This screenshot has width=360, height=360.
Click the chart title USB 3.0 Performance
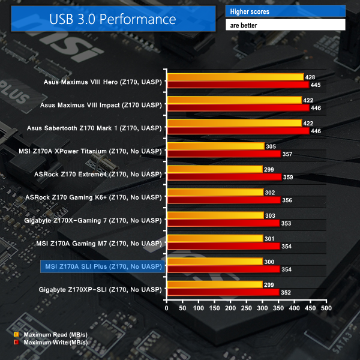(x=113, y=19)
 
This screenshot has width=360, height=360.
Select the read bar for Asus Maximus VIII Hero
(x=235, y=77)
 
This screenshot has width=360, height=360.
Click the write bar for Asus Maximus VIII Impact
(x=238, y=108)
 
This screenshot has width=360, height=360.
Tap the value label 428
(x=310, y=77)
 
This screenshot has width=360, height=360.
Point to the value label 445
(x=316, y=85)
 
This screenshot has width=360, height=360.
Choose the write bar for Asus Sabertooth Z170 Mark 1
(x=238, y=131)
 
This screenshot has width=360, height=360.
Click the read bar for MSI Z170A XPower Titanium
(x=216, y=146)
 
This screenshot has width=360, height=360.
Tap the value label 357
(x=287, y=154)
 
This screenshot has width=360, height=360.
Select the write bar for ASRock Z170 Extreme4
(x=224, y=177)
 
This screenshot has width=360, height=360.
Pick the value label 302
(x=270, y=192)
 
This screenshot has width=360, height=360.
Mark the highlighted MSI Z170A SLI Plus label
(x=103, y=266)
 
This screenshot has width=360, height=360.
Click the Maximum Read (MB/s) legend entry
(x=50, y=334)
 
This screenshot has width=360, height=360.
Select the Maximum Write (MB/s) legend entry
(x=50, y=342)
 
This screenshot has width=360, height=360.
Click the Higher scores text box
(x=286, y=11)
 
